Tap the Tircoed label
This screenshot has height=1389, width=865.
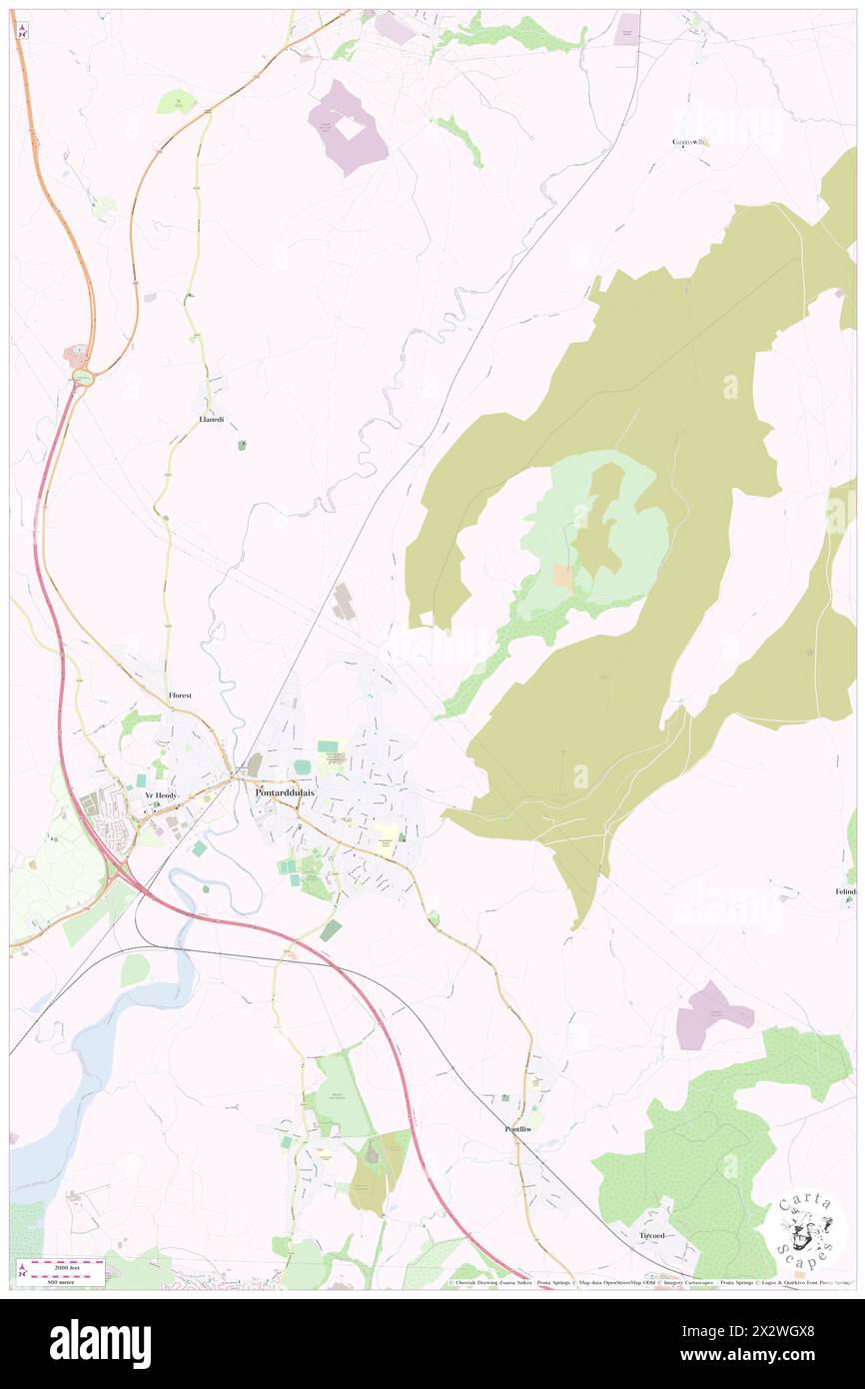click(x=651, y=1235)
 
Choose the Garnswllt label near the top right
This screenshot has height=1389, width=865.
click(x=690, y=141)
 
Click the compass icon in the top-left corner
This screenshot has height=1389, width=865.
click(x=21, y=30)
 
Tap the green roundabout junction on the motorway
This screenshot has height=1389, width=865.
click(x=83, y=377)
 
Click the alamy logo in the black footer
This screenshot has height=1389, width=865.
click(x=100, y=1343)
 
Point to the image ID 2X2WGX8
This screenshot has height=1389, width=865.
click(x=770, y=1332)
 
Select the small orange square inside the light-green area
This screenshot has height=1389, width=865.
click(x=563, y=577)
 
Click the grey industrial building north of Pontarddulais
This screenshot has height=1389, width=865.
click(x=343, y=602)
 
